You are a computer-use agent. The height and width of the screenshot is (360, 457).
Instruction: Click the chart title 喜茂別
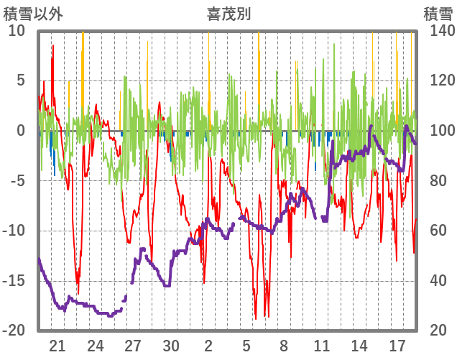click(228, 14)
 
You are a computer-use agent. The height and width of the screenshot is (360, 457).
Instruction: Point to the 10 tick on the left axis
click(17, 31)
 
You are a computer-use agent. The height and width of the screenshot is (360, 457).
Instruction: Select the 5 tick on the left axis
click(21, 80)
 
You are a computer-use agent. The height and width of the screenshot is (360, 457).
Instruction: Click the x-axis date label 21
click(57, 345)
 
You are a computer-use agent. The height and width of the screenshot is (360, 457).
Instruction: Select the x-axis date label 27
click(133, 345)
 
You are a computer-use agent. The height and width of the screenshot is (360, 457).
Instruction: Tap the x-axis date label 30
click(170, 345)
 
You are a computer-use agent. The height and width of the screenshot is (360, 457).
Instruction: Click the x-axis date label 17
click(397, 345)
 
